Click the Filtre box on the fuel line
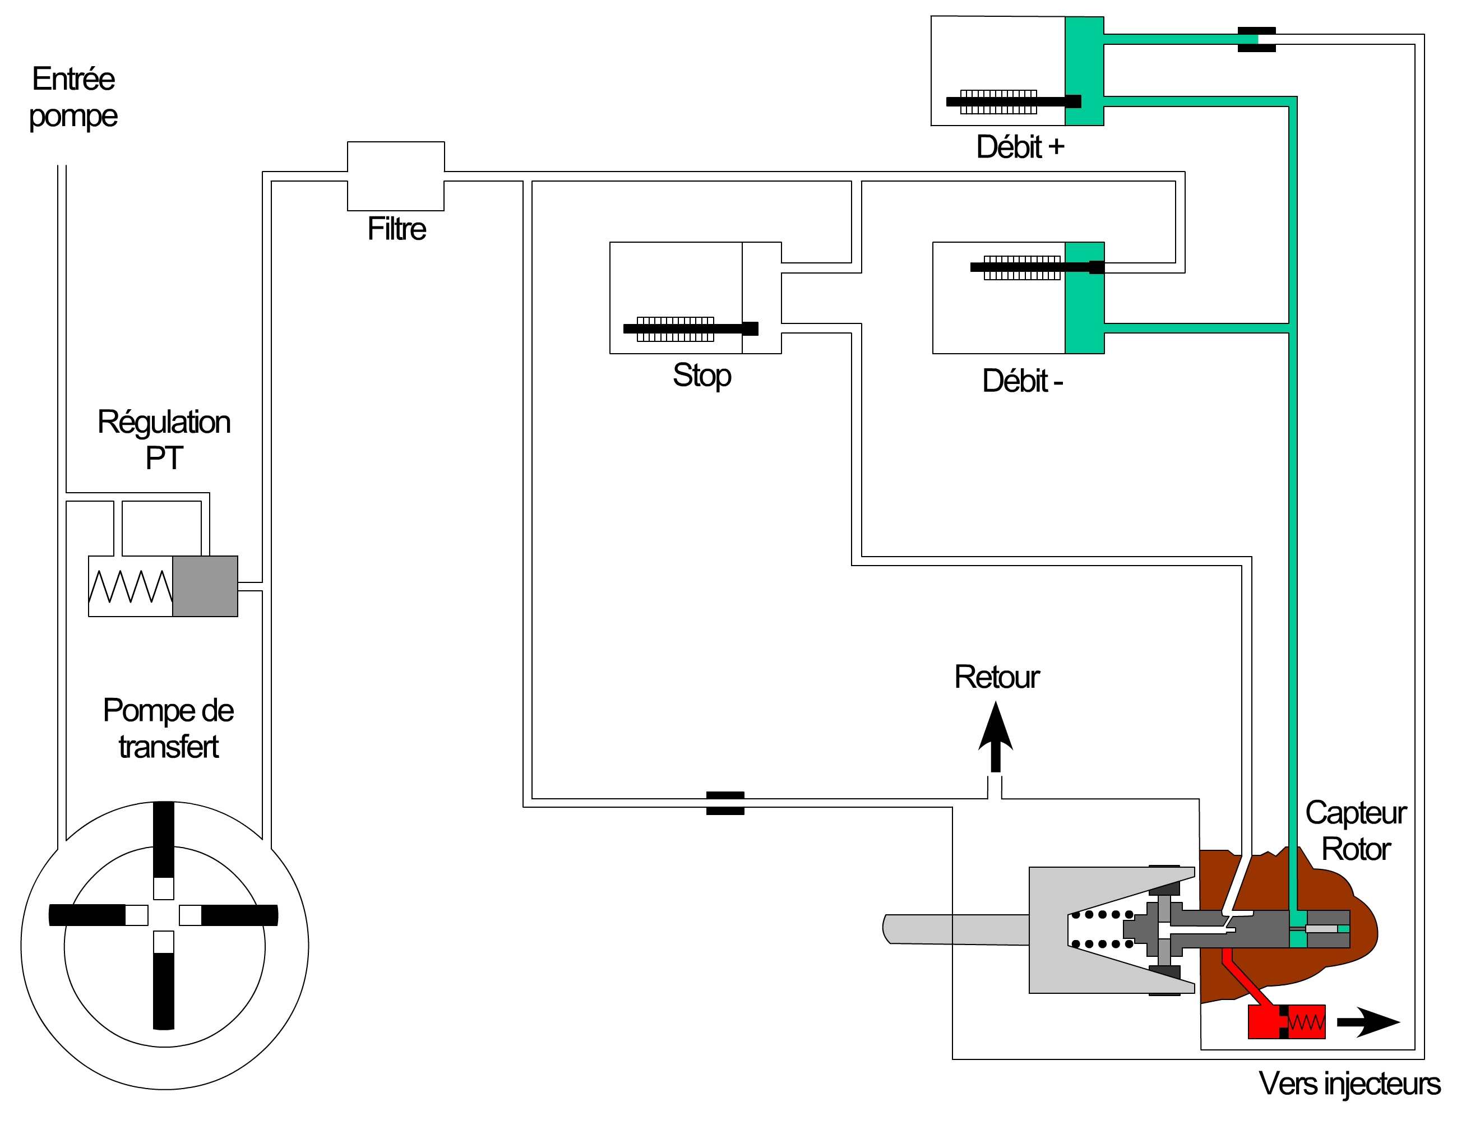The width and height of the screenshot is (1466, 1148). point(395,176)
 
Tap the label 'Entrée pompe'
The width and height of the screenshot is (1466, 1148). point(73,98)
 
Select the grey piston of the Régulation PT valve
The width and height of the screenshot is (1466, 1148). point(205,586)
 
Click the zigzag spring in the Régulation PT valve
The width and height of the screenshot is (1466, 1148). point(131,586)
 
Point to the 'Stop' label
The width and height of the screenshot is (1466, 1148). point(702,376)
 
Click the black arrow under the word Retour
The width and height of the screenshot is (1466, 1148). point(996,737)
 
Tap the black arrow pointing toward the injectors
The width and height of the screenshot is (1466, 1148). point(1368,1022)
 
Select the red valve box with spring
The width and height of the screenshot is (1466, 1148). point(1287,1022)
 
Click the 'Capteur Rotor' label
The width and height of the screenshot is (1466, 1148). point(1356,831)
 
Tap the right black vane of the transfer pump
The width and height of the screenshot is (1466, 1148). point(239,915)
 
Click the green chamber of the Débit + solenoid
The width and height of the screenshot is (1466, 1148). point(1084,71)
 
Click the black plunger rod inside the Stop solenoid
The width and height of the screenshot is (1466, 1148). point(690,328)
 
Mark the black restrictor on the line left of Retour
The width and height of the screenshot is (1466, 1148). point(725,803)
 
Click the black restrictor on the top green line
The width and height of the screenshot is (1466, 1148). point(1256,40)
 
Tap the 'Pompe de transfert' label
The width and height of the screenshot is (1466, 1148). point(168,729)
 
